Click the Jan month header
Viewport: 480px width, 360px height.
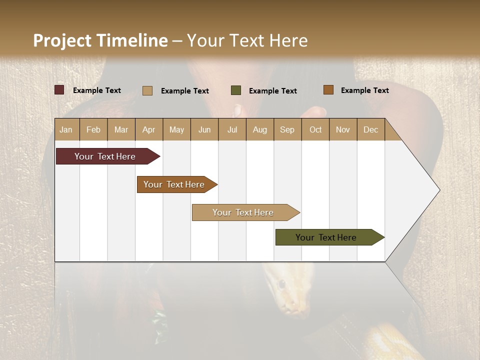66,129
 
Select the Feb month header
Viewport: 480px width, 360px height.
93,129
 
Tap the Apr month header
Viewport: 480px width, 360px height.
149,129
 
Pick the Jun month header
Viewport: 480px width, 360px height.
204,129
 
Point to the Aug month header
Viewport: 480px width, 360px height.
260,129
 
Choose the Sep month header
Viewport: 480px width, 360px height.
287,129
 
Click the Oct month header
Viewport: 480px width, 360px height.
315,129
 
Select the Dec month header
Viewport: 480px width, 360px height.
371,129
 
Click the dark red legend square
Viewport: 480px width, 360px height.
59,90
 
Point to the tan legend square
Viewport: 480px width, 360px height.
147,90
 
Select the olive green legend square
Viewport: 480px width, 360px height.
236,90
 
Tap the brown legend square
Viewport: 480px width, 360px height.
328,90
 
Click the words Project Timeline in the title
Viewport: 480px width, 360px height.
100,40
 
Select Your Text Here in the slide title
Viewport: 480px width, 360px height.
247,40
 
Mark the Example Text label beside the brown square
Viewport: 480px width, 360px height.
364,90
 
